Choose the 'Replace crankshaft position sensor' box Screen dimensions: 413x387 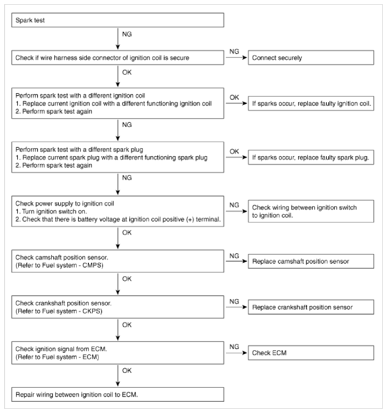coord(311,307)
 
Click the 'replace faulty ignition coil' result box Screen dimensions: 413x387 coord(311,103)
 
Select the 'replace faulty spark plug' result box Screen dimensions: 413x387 coord(311,158)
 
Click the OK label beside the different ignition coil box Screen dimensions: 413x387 coord(235,96)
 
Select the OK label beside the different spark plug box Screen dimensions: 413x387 coord(235,151)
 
